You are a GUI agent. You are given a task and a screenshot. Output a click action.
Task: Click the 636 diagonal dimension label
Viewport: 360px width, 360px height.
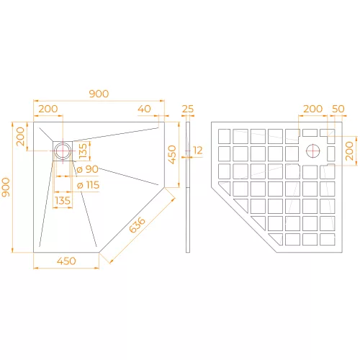coord(138,225)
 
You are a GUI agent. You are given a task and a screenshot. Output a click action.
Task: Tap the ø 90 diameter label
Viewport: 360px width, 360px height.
coord(87,169)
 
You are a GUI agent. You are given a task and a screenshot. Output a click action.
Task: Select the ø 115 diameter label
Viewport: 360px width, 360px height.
coord(88,185)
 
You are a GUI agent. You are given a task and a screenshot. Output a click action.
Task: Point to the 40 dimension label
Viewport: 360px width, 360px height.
coord(144,109)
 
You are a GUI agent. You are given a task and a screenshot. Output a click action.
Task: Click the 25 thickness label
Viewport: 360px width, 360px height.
coord(188,109)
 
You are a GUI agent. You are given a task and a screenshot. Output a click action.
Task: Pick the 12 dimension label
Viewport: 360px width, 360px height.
coord(198,150)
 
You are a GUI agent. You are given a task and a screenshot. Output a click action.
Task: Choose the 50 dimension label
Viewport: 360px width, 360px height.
coord(338,109)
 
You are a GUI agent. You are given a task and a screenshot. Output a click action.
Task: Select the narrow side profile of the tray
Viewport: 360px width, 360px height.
coord(188,187)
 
